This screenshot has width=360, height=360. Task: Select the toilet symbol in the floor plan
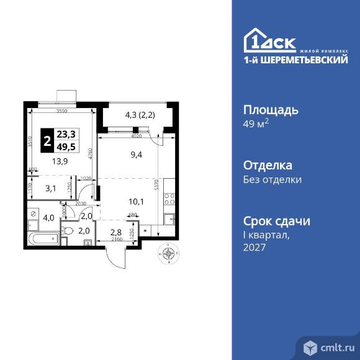coord(70,232)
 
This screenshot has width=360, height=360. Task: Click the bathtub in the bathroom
coord(42,238)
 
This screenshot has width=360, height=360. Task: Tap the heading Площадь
coord(270,110)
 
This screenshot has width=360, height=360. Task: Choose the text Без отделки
coord(272,180)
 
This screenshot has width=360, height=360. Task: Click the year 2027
coord(254,247)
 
